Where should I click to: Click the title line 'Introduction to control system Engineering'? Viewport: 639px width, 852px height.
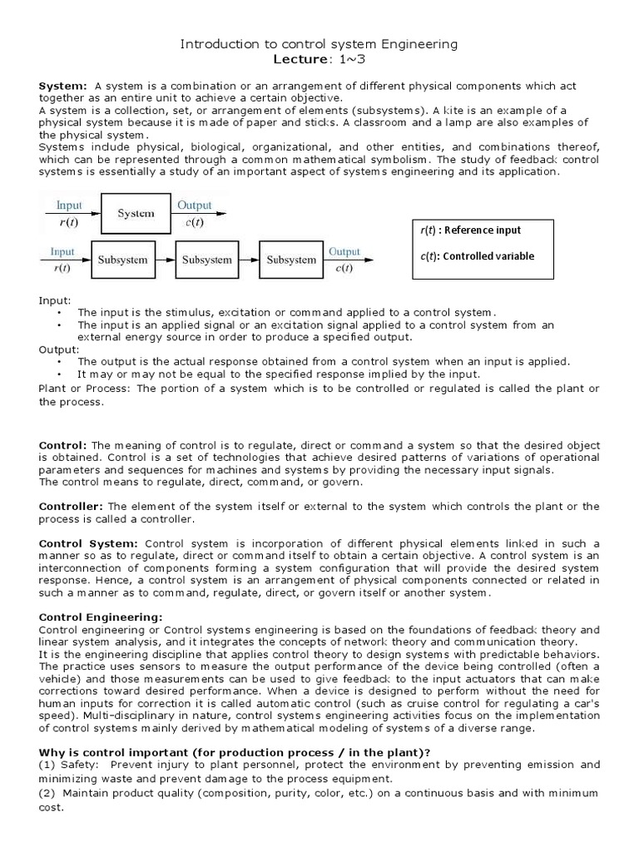point(319,43)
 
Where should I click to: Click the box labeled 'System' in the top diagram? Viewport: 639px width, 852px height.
point(136,213)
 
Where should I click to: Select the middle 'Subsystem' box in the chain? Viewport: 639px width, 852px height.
point(207,260)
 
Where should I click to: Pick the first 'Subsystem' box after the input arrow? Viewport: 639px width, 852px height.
point(122,260)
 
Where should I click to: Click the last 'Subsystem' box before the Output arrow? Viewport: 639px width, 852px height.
point(291,260)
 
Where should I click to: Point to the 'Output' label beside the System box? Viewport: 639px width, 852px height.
point(194,204)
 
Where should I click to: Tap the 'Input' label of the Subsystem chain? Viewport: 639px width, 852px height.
point(62,250)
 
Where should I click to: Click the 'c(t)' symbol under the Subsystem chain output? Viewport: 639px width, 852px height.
point(344,269)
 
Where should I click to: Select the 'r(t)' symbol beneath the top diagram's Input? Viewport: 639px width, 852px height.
point(68,222)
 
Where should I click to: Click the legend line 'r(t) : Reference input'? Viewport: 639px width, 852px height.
point(471,230)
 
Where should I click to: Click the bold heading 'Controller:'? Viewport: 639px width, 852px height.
point(72,506)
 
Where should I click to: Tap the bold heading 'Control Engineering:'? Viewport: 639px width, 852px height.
point(102,617)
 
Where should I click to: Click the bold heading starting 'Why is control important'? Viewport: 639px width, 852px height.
point(235,752)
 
